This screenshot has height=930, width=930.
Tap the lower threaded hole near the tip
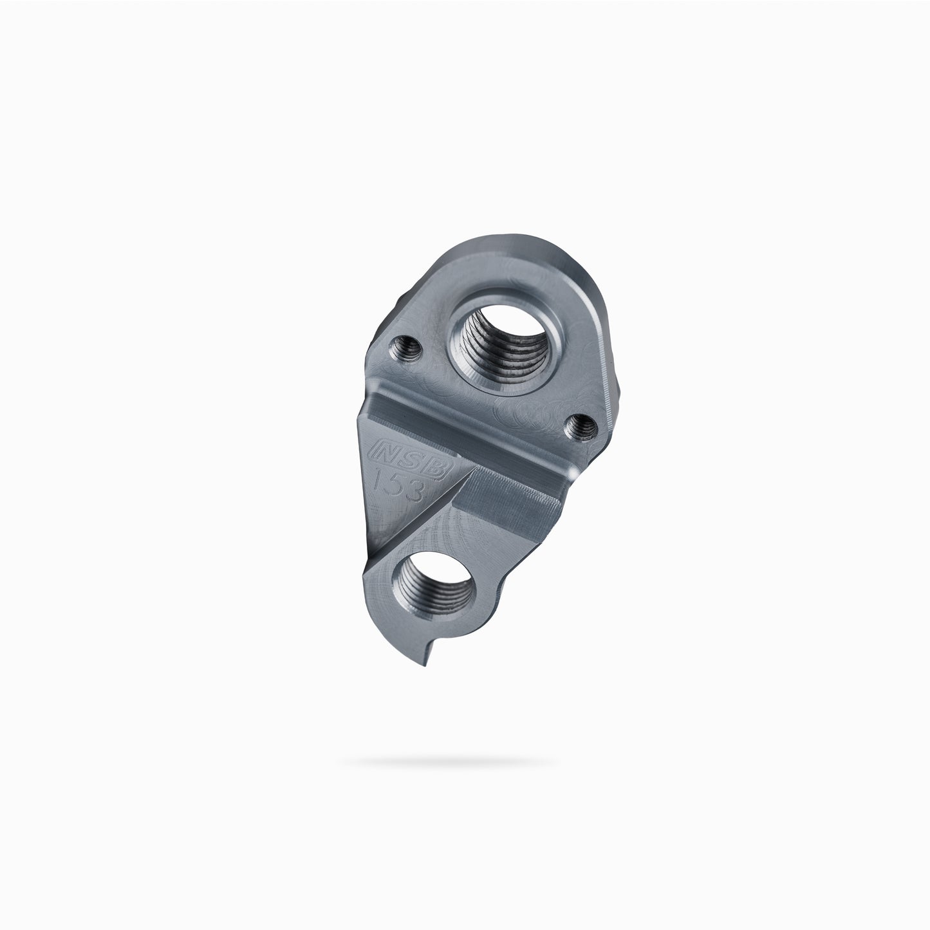(x=433, y=585)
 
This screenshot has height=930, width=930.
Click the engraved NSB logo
(x=410, y=459)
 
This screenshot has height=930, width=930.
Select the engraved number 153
(x=400, y=484)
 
